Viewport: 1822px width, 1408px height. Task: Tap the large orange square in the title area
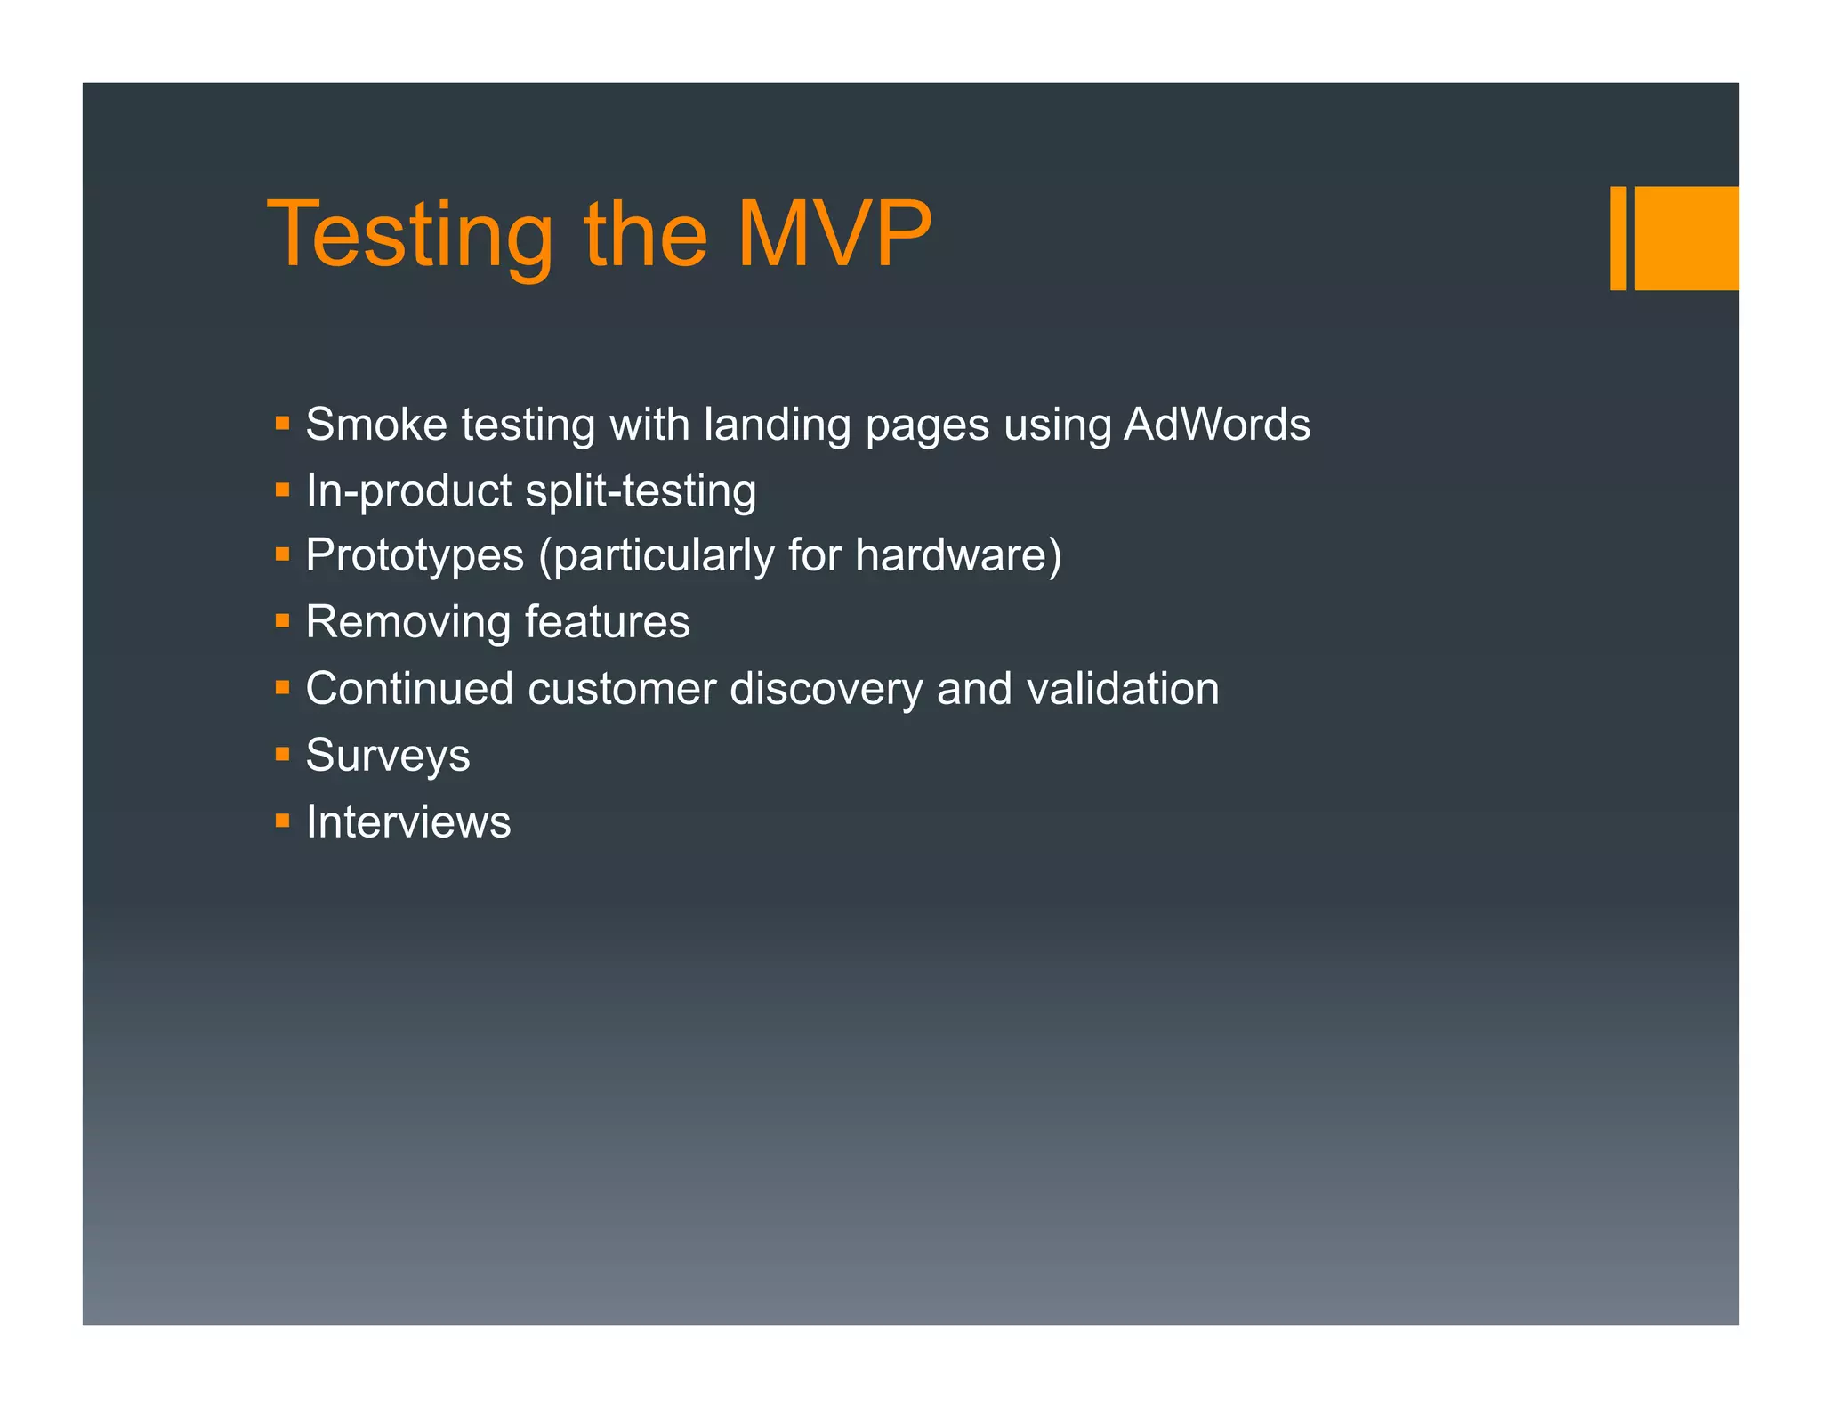point(1686,238)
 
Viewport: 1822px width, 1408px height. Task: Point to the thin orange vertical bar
point(1617,238)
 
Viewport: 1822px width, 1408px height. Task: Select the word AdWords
point(1216,425)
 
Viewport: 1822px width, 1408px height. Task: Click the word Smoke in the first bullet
point(376,425)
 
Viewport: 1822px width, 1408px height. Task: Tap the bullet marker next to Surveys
point(283,755)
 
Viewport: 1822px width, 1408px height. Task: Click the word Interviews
point(408,821)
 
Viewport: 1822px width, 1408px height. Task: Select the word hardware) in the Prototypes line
point(958,556)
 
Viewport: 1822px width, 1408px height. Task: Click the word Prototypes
point(415,556)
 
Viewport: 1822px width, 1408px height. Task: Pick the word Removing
point(407,622)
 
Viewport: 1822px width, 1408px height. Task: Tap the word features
point(607,622)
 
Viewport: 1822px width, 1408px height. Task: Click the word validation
point(1123,689)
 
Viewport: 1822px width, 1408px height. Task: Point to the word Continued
point(409,689)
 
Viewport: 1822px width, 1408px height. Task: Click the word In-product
point(409,491)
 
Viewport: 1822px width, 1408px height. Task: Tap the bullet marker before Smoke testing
point(283,424)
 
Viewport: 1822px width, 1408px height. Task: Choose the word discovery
point(826,689)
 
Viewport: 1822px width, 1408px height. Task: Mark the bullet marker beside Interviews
point(283,821)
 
